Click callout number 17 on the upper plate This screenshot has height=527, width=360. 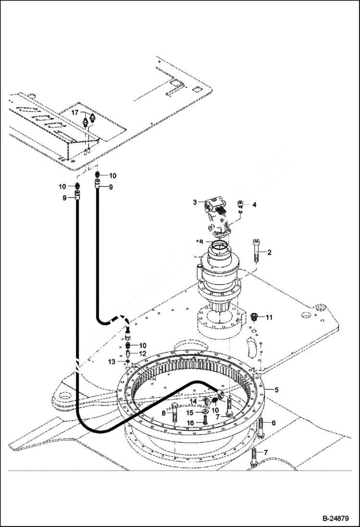tap(75, 112)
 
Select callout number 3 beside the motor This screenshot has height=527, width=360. tap(195, 202)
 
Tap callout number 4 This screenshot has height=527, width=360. tap(254, 205)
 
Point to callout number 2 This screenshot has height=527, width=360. tap(269, 252)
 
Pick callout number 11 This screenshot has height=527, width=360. tap(269, 317)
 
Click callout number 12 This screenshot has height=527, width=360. tap(142, 353)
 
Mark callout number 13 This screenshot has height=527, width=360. tap(112, 361)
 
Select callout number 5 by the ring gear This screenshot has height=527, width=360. tap(276, 389)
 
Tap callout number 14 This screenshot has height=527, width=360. tap(192, 401)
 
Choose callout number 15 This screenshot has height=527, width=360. tap(190, 412)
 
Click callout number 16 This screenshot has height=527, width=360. tap(190, 423)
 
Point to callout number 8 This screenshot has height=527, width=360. tap(164, 412)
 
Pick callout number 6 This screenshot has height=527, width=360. tap(273, 423)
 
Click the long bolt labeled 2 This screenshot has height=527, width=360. tap(255, 250)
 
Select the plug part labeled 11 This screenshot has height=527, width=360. tap(254, 316)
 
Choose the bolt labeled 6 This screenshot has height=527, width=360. tap(261, 426)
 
